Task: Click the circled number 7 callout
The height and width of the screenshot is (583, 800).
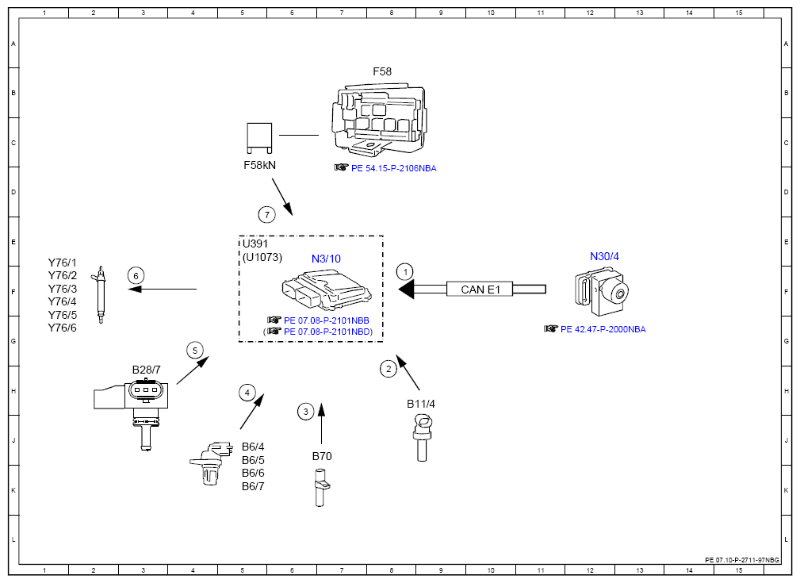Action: click(267, 215)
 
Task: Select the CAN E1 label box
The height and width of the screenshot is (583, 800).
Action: click(480, 290)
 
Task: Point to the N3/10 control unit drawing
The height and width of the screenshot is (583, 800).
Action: click(327, 291)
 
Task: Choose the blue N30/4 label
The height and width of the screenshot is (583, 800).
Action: click(604, 256)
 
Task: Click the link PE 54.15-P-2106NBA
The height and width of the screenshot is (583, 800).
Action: click(393, 168)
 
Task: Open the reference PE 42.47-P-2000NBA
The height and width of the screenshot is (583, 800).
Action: click(603, 329)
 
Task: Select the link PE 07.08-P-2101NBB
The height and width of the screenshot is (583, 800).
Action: click(327, 320)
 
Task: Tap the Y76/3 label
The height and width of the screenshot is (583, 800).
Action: click(63, 289)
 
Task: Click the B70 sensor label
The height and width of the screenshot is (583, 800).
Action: click(322, 456)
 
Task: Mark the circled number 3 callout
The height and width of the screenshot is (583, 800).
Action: click(305, 412)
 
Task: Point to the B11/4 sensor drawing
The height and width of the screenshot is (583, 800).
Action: click(422, 438)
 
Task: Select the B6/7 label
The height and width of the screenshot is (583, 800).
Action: click(253, 486)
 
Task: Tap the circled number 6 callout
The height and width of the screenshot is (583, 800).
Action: click(136, 276)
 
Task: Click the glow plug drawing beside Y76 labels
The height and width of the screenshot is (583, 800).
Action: click(101, 294)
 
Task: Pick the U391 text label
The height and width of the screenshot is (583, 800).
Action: click(255, 244)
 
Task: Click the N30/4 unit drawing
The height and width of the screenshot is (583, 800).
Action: click(602, 292)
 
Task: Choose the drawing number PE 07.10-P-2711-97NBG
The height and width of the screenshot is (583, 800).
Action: click(742, 560)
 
